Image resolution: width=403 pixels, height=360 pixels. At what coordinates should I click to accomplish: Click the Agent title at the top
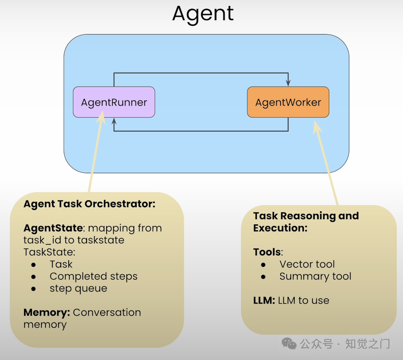pos(203,14)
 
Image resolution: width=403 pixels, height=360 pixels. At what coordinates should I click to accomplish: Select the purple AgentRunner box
pos(114,102)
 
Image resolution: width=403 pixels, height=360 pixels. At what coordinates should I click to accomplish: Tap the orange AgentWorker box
pos(288,102)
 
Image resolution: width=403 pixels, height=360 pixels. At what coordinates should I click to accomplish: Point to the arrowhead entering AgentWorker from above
pos(288,83)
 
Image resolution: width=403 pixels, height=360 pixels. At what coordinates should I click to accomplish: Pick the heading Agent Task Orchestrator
pos(89,204)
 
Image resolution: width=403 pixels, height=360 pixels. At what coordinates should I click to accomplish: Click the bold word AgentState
pos(53,228)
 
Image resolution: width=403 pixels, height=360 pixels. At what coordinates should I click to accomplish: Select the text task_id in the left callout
pos(41,240)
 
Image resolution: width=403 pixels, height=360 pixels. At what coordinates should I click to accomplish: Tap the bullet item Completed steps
pos(94,276)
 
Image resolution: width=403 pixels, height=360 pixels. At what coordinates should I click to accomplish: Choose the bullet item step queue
pos(78,289)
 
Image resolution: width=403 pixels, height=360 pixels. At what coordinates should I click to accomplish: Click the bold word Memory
pos(47,313)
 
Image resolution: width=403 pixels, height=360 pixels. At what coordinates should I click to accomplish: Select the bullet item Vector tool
pos(307,264)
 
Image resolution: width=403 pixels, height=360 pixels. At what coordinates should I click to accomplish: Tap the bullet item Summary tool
pos(315,276)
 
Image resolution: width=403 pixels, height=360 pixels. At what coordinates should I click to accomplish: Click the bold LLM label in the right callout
pos(264,301)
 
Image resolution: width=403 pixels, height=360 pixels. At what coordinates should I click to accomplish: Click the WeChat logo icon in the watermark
pos(289,343)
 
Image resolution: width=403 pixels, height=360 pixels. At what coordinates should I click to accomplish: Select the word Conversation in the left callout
pos(107,313)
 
